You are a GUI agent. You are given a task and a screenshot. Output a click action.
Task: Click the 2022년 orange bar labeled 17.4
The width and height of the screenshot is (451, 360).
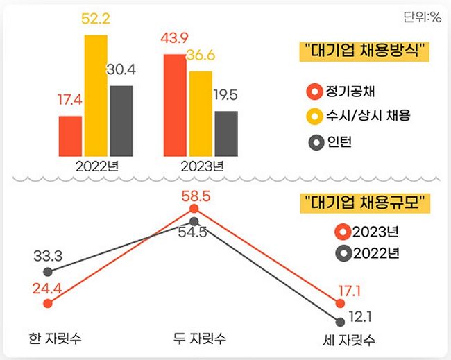tap(70, 136)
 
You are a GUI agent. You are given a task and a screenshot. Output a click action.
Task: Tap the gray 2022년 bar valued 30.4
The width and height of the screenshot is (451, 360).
tap(121, 121)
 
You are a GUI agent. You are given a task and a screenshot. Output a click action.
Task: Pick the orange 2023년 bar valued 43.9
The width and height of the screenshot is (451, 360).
tap(174, 105)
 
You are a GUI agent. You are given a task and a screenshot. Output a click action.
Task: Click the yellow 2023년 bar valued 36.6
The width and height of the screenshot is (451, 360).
tap(200, 113)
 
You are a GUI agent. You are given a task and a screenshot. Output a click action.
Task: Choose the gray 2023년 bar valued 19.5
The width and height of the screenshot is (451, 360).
tap(226, 133)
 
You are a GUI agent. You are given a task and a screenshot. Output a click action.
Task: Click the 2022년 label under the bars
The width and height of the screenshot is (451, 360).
tap(95, 166)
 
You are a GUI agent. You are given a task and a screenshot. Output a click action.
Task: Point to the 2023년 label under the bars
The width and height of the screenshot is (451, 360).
tap(201, 166)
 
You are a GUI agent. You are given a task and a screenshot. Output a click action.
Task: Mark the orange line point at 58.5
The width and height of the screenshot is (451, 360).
tap(194, 209)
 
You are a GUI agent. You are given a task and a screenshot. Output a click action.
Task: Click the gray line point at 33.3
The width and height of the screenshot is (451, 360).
tap(47, 271)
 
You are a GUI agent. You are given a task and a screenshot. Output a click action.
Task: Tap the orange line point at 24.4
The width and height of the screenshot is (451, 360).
tap(47, 303)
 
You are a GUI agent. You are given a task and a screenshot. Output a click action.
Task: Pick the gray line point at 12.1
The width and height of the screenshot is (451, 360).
tap(340, 321)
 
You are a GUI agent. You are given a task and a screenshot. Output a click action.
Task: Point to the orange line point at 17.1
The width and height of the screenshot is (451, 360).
tap(340, 303)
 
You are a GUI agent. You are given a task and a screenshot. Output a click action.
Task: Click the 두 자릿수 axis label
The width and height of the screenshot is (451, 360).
tap(200, 339)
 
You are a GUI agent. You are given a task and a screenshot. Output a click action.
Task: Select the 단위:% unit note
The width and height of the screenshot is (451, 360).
tap(421, 17)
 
